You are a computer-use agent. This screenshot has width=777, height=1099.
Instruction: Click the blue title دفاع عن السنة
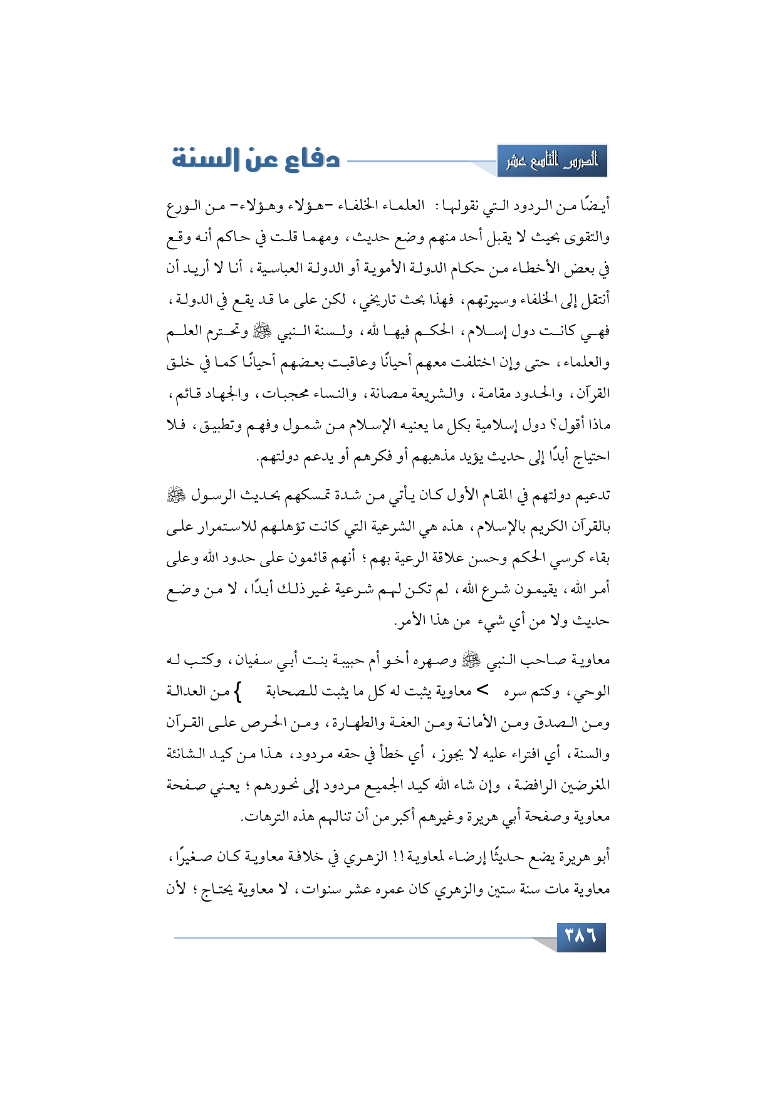(256, 159)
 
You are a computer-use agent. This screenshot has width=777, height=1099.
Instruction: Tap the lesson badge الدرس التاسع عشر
(552, 162)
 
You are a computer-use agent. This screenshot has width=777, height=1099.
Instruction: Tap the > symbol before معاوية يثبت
(483, 691)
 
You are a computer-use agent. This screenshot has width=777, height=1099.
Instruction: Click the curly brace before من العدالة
(237, 692)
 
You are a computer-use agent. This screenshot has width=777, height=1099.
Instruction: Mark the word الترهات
(262, 817)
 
